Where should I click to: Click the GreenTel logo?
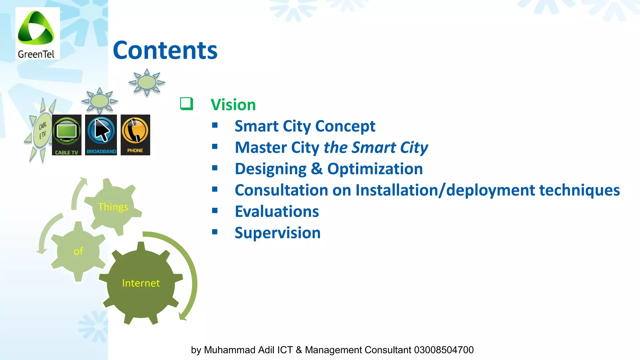click(x=37, y=33)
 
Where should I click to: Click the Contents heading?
click(x=165, y=50)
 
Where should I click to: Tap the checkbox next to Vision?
click(x=187, y=104)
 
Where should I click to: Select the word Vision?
click(x=233, y=105)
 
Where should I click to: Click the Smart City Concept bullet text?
click(x=305, y=126)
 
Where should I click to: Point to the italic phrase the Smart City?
click(x=376, y=147)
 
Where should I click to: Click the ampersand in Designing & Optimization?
click(x=317, y=169)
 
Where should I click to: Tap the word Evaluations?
click(x=277, y=212)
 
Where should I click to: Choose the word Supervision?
click(x=277, y=233)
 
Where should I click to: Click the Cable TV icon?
click(x=67, y=135)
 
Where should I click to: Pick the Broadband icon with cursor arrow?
click(x=101, y=135)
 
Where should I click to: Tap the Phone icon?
click(x=135, y=135)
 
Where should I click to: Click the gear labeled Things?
click(x=113, y=207)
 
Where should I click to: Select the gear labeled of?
click(x=78, y=251)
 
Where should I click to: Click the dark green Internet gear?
click(x=141, y=283)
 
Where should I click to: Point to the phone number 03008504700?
click(x=444, y=350)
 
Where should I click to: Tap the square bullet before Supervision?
click(x=215, y=232)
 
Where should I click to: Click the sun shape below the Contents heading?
click(x=147, y=82)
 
